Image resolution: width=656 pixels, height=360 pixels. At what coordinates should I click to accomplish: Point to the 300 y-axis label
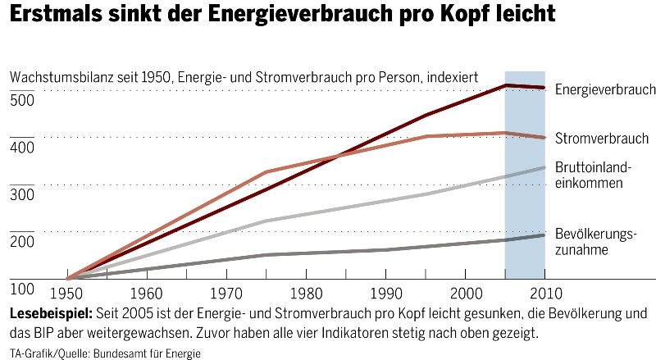coord(22,196)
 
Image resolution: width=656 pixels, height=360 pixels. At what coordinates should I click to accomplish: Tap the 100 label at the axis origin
coord(22,289)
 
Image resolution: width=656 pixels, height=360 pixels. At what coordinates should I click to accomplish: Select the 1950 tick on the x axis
coord(66,294)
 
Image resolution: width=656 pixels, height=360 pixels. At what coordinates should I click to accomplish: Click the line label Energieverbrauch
coord(605,89)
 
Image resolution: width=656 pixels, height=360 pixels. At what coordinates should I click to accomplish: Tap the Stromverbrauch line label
coord(602,139)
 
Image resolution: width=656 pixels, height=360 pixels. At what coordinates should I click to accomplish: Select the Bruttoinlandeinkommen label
coord(594,175)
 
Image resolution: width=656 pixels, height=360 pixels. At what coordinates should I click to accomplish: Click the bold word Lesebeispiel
coord(52,314)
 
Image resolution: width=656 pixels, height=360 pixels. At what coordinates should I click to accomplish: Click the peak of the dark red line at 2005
coord(506,85)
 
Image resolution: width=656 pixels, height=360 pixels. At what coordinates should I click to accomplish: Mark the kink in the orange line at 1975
coord(266,172)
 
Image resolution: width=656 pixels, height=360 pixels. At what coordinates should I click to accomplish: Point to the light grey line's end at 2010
coord(544,168)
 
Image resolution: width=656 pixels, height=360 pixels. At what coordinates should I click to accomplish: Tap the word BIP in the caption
coord(39,333)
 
